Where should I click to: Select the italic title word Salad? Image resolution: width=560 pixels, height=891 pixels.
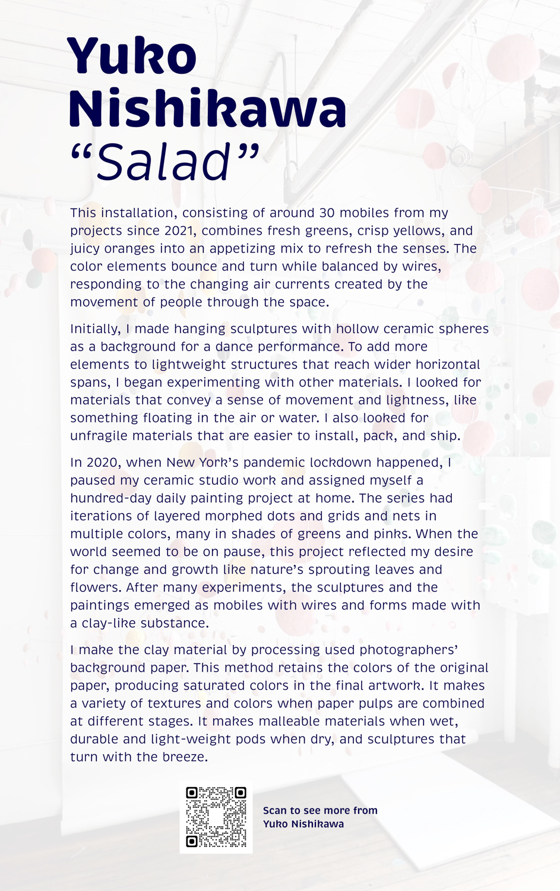[163, 162]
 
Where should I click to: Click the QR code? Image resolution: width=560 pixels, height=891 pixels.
[216, 817]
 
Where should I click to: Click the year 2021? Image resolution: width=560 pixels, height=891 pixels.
[180, 230]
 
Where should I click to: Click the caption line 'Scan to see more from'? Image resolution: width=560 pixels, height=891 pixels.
[320, 810]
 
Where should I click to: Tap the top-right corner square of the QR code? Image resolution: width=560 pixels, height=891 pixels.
[240, 793]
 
